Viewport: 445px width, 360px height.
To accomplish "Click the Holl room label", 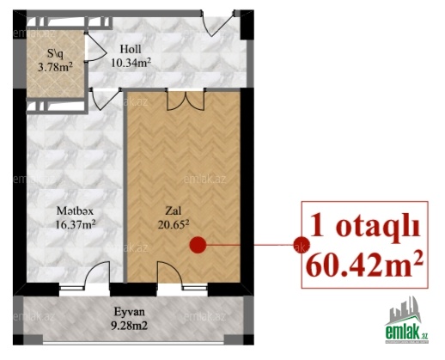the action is tap(131, 49).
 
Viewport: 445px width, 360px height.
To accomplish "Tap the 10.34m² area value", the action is tap(131, 62).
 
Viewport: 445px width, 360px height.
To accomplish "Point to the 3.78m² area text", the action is tap(55, 67).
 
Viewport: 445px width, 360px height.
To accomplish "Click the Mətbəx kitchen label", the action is tap(75, 211).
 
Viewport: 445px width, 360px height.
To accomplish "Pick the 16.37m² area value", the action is tap(75, 224).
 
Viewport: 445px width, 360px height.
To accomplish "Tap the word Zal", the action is tap(174, 211).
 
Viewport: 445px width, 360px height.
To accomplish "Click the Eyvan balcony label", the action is tap(130, 312).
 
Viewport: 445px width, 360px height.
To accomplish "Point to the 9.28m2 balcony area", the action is tap(130, 325).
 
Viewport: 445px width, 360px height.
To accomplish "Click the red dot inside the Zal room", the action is tap(198, 245).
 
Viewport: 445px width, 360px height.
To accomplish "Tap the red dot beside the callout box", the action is tap(302, 245).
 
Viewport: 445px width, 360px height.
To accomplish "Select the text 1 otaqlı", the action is tap(365, 228).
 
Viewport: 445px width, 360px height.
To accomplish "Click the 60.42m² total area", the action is tap(364, 265).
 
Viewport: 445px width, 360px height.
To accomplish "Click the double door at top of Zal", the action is tap(186, 100).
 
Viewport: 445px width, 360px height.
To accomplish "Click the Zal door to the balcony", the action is tap(170, 273).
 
